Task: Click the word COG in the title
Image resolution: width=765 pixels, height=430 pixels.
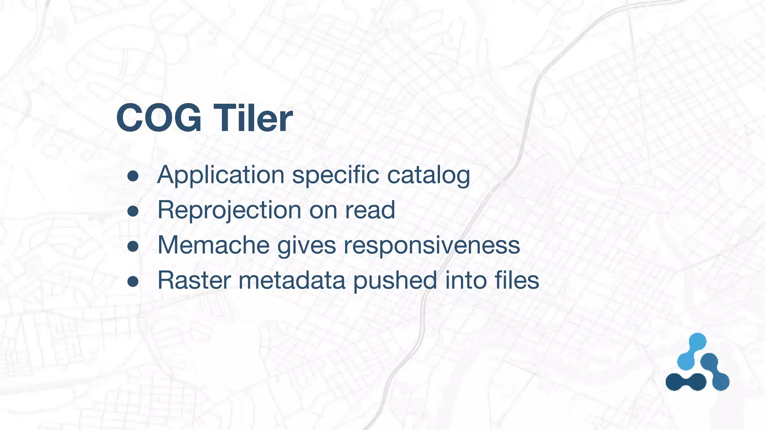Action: (159, 118)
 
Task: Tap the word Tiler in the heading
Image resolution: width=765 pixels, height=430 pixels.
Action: (253, 118)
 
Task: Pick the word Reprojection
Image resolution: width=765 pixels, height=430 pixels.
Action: (229, 210)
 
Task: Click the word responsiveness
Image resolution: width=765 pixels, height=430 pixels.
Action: (432, 246)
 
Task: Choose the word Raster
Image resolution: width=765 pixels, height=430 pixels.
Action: (194, 280)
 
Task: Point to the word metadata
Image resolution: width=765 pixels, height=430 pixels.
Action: (292, 280)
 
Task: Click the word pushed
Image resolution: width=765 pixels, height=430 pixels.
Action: (395, 280)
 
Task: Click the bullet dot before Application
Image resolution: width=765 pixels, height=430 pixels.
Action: (133, 176)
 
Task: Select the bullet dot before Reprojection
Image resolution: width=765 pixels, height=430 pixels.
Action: (133, 211)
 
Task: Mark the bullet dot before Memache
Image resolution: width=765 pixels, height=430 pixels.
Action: (133, 246)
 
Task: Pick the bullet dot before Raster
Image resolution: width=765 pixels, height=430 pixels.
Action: (133, 281)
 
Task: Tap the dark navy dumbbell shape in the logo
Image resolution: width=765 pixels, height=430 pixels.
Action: (686, 382)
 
